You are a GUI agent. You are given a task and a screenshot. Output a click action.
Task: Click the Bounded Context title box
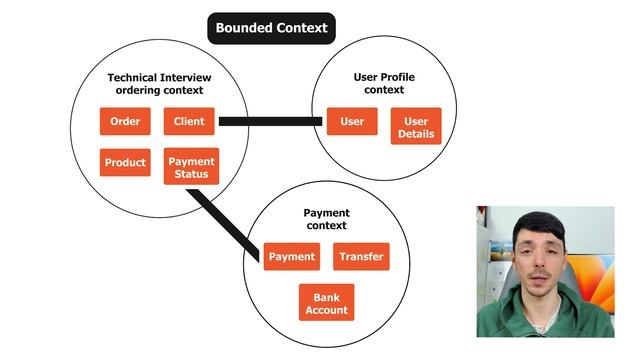coord(271,28)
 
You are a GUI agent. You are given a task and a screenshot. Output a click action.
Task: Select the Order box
coord(125,122)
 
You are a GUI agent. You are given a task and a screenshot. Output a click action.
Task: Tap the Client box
coord(189,122)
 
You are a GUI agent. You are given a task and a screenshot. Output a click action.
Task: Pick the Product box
coord(125,163)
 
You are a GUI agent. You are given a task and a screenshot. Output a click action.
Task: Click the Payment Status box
coord(189,168)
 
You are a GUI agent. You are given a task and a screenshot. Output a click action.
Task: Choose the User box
coord(352,122)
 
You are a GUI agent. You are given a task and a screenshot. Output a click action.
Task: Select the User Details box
coord(415,127)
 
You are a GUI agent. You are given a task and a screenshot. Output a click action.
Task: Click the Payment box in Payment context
coord(292,257)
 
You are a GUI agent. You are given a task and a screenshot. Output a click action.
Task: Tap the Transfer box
coord(361,257)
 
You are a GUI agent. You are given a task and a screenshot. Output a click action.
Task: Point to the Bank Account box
coord(326,303)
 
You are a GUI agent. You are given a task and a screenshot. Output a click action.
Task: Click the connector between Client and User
coord(270,122)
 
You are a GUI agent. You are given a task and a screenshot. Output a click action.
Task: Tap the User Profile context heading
coord(385,84)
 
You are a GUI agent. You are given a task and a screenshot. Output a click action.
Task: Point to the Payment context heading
coord(326,219)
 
